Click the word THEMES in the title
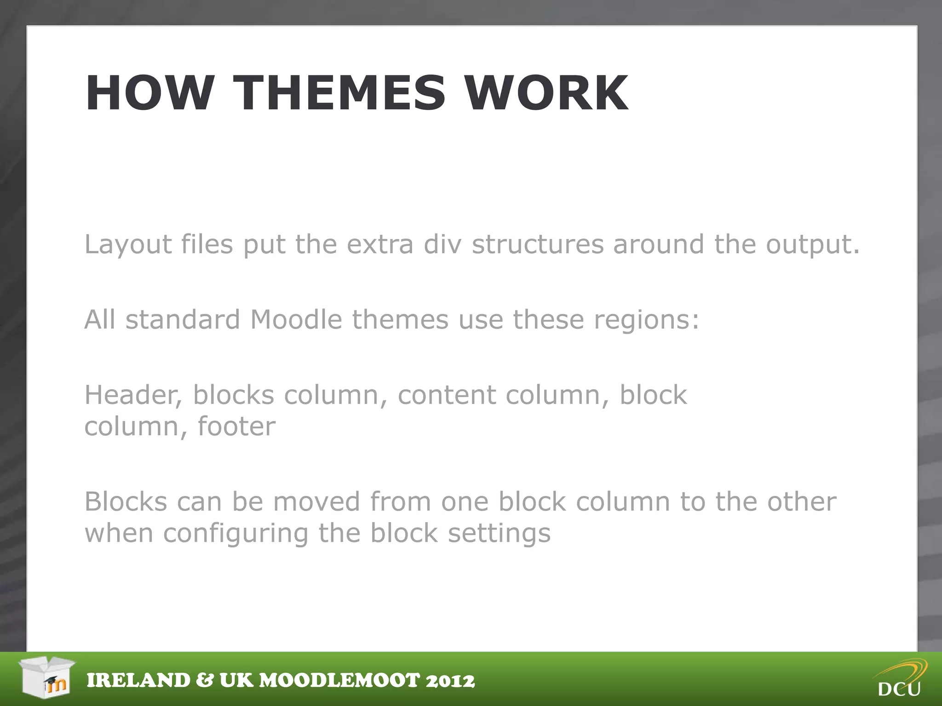(339, 93)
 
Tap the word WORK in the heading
(546, 93)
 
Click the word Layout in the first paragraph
(128, 244)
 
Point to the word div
(442, 244)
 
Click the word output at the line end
(812, 244)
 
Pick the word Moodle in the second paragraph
(296, 319)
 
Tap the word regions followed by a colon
(646, 319)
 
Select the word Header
(132, 395)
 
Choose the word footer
(236, 427)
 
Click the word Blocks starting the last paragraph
(126, 501)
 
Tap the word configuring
(235, 533)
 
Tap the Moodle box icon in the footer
(47, 678)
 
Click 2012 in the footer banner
(450, 681)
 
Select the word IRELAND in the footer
(138, 681)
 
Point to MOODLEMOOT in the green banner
(340, 681)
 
